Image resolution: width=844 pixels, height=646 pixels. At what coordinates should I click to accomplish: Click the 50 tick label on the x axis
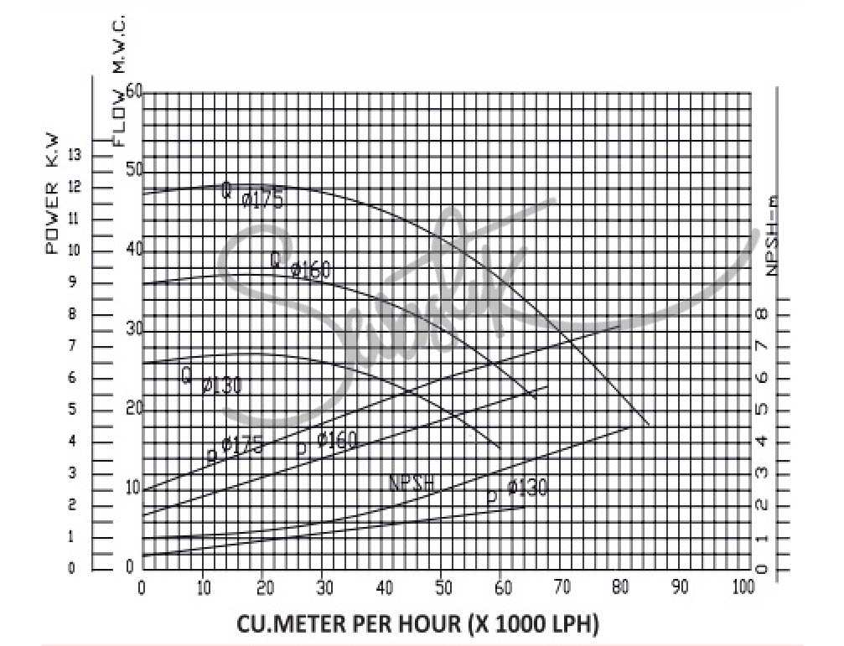pos(442,587)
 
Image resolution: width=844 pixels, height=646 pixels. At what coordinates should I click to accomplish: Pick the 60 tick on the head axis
pos(135,91)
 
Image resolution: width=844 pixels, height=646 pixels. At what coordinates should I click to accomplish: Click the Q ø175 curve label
pos(252,195)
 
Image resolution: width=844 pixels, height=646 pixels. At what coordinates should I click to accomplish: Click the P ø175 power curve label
pos(236,447)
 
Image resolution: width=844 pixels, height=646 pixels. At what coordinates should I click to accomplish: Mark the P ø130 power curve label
pos(517,491)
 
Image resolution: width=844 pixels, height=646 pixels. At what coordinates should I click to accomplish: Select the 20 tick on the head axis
pos(135,408)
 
